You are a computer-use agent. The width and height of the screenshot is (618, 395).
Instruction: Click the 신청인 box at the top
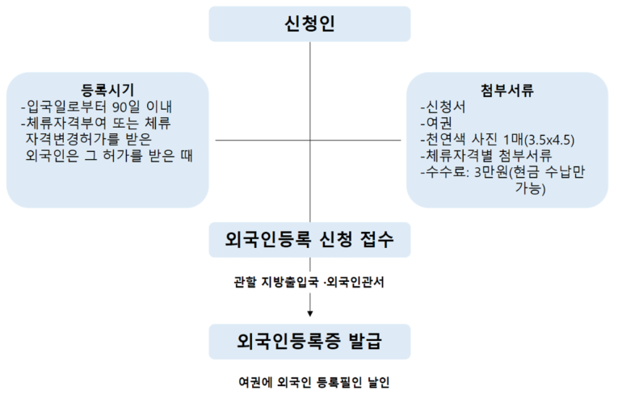click(309, 23)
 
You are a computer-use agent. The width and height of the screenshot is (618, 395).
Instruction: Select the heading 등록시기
click(107, 90)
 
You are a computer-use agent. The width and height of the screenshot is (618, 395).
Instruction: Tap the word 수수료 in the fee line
click(447, 173)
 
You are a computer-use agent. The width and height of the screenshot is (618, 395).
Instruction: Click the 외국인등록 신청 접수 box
click(309, 240)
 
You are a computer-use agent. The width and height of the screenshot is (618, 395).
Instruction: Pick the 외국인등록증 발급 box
click(309, 341)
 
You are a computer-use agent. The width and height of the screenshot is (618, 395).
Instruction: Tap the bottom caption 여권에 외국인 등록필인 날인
click(309, 380)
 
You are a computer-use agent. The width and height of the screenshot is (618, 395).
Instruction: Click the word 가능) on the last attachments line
click(530, 190)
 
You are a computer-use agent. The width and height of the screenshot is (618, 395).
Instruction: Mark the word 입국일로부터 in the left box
click(65, 107)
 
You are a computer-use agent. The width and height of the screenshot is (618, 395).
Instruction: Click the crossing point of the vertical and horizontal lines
click(310, 141)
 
